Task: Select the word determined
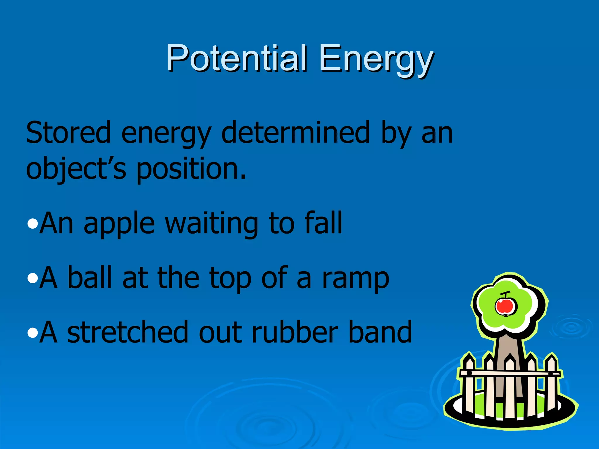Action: pyautogui.click(x=296, y=133)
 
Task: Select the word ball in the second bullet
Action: pyautogui.click(x=89, y=278)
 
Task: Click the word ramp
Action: pyautogui.click(x=355, y=279)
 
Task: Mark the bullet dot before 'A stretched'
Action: pyautogui.click(x=32, y=333)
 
